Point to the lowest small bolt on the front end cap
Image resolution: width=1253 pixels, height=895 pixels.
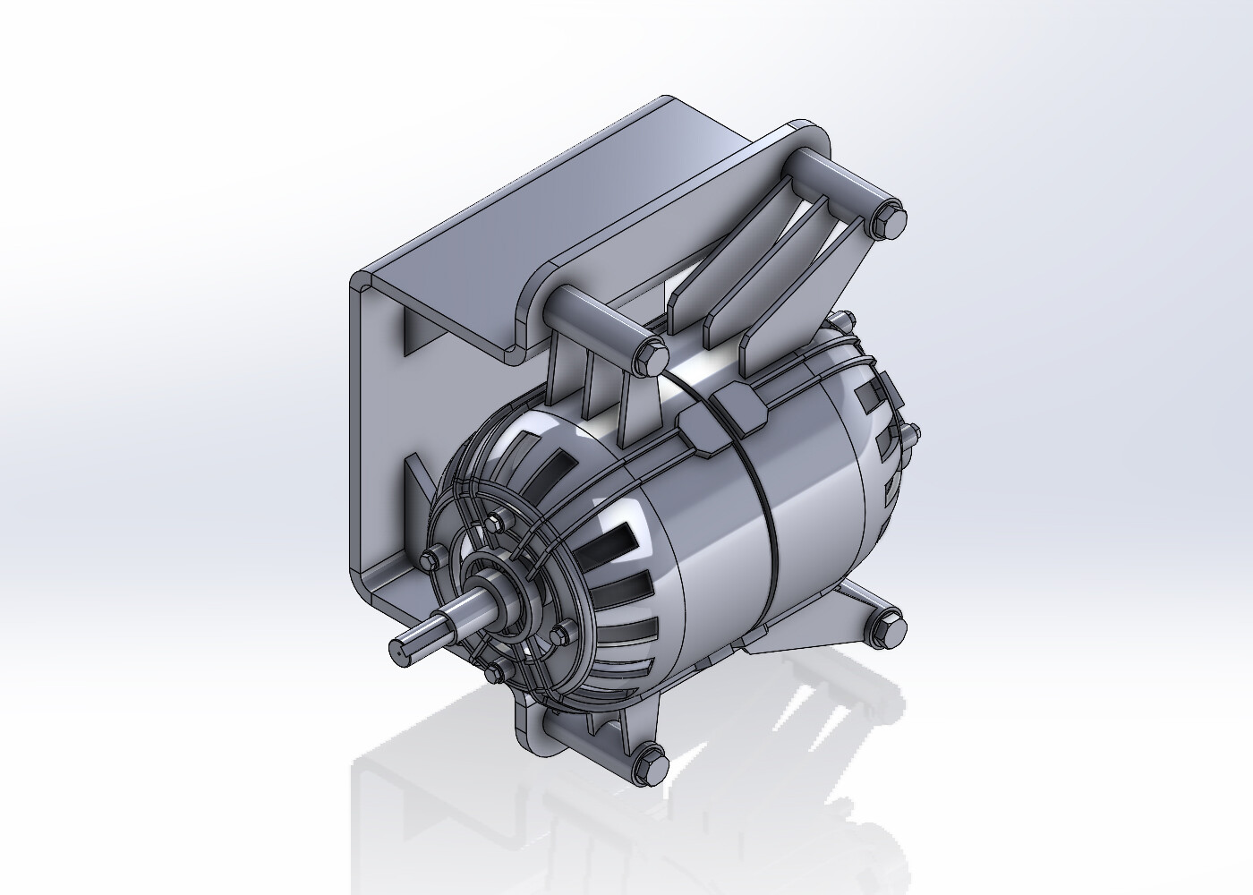(495, 672)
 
